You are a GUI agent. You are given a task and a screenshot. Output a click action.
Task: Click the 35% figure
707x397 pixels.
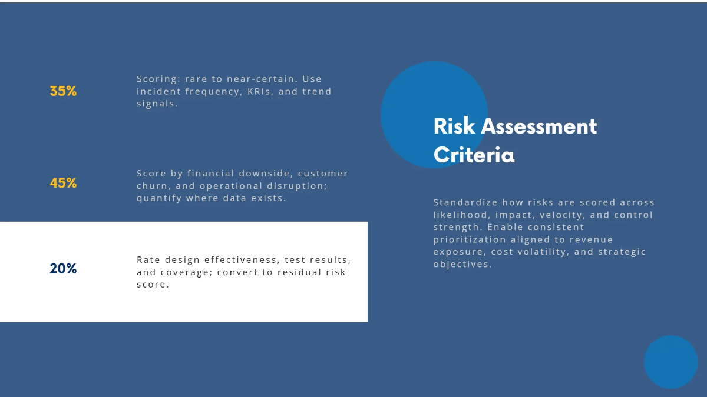tap(63, 91)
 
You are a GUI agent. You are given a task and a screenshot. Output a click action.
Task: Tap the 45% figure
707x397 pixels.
tap(63, 183)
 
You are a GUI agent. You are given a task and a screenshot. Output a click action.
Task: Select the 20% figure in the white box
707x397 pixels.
tap(63, 269)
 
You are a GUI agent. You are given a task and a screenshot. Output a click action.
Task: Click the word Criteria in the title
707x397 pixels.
tap(474, 155)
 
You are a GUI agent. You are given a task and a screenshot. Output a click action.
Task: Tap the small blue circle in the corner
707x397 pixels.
tap(670, 362)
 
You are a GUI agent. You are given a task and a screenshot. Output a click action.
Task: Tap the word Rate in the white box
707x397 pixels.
tap(148, 259)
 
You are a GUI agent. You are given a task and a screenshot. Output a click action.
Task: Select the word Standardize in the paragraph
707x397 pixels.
tap(465, 202)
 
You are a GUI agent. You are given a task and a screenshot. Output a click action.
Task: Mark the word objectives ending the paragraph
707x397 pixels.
tap(461, 264)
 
